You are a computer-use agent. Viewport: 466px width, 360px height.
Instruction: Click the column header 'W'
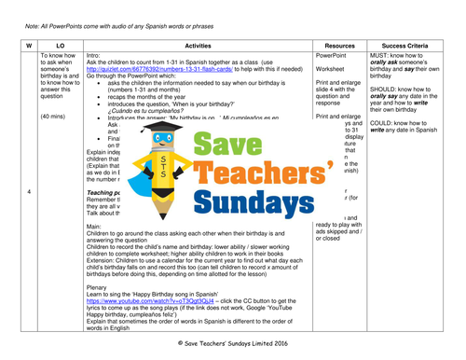click(x=29, y=44)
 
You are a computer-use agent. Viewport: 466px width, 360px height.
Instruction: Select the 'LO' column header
click(x=61, y=44)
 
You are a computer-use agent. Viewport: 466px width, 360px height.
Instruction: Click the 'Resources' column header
click(x=343, y=44)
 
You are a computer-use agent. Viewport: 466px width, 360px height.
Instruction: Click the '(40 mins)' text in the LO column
click(x=54, y=116)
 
